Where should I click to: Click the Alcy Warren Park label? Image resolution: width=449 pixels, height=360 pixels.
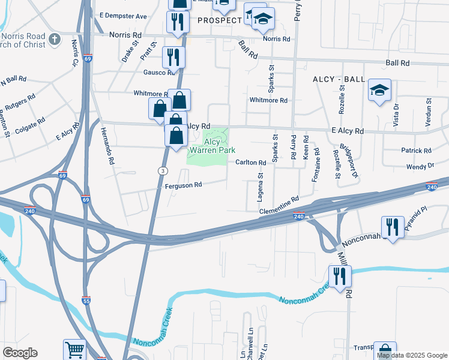[211, 146]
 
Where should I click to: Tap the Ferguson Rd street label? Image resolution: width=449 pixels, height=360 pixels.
[183, 185]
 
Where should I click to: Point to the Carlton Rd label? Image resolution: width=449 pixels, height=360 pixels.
[250, 163]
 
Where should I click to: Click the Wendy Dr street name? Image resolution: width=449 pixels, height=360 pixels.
[420, 166]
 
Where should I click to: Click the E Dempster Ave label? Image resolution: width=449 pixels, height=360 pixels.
[123, 16]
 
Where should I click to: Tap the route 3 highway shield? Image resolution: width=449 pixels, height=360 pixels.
[162, 171]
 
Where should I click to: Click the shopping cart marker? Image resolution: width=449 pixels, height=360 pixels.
[75, 350]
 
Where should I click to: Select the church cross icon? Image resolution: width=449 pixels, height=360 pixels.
[55, 40]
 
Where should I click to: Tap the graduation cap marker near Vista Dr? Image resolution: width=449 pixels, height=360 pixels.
[379, 91]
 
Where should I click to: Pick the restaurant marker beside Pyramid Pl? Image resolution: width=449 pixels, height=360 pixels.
[393, 227]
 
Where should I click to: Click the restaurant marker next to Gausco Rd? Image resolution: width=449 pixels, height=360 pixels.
[173, 58]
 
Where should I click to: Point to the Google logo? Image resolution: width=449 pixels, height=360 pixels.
[20, 353]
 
